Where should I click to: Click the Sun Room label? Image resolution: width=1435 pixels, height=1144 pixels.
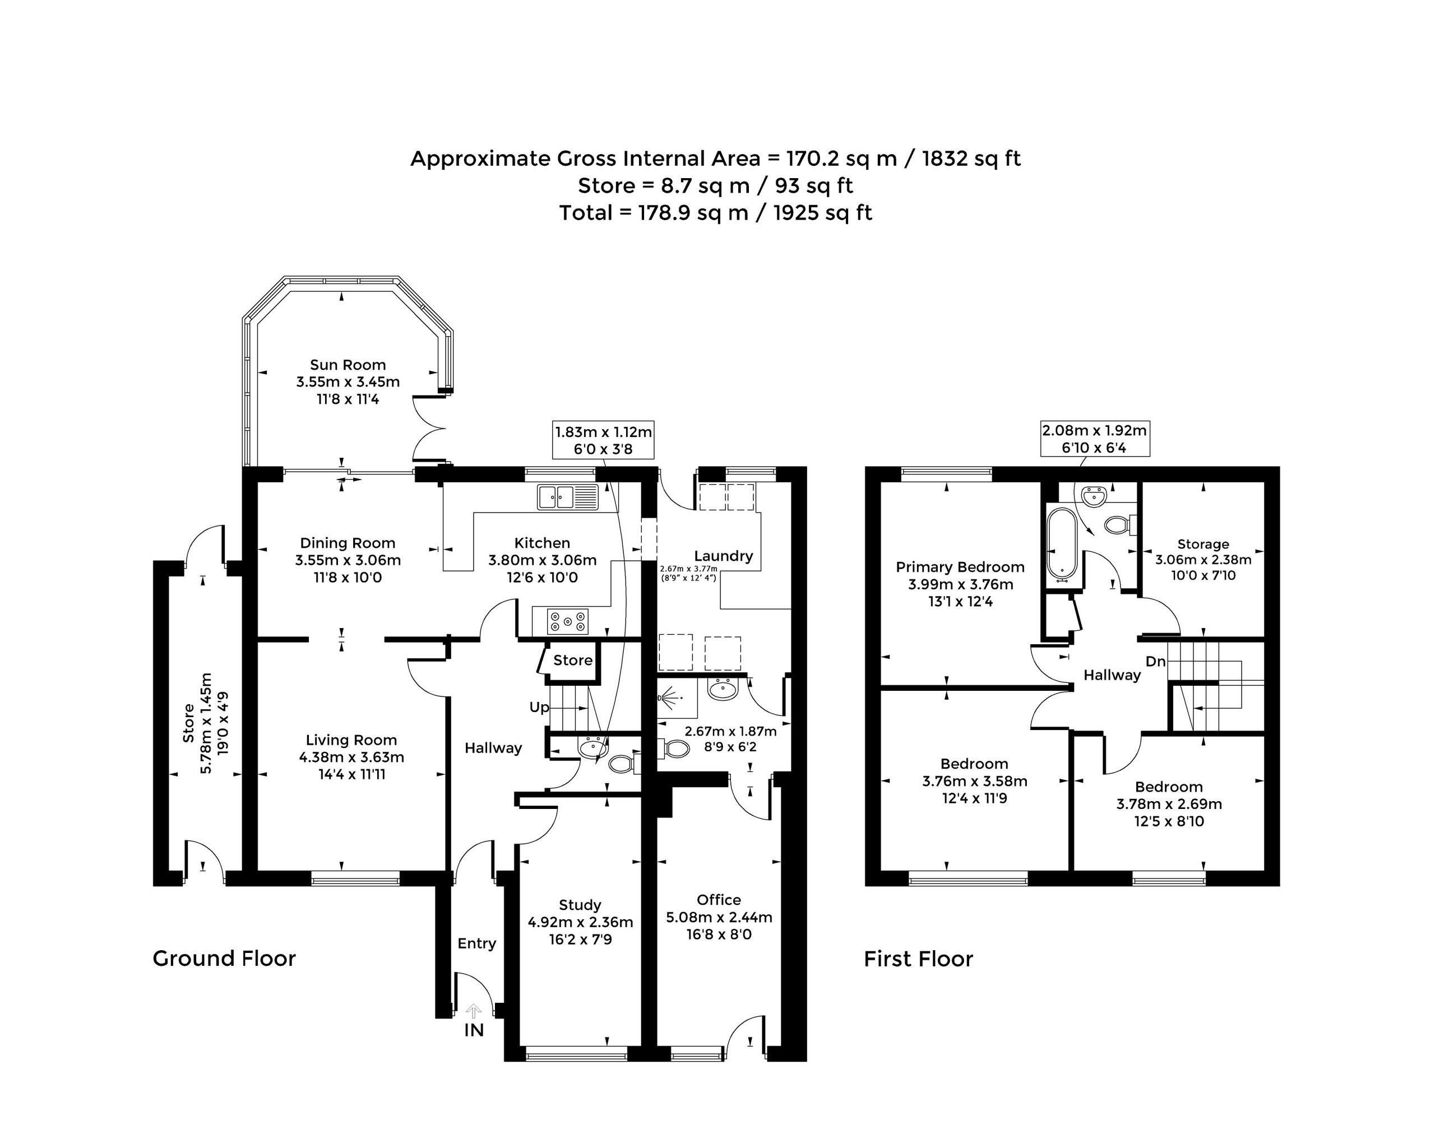348,365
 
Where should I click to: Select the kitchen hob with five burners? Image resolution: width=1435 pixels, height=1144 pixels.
567,621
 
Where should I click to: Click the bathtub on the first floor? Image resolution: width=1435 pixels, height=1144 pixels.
1062,544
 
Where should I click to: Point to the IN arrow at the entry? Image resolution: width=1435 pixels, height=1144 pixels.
473,1012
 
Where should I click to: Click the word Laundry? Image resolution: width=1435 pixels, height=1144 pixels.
724,555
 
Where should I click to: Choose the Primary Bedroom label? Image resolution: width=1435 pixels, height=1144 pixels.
960,567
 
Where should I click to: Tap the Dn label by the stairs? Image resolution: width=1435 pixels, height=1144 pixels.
1155,661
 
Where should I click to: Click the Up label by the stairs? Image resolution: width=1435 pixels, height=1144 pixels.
539,707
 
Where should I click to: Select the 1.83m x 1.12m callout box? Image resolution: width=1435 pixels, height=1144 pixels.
603,440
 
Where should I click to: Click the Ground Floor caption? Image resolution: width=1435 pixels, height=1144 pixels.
224,959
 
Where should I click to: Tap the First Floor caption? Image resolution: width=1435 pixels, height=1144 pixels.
919,959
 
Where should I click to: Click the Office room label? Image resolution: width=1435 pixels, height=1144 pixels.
719,900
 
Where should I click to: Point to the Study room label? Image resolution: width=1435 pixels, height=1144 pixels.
580,905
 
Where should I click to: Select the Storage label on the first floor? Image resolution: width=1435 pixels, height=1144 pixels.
1203,544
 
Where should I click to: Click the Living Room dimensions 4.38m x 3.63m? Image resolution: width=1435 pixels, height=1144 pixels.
351,757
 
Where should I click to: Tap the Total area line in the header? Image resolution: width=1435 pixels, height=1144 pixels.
715,213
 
